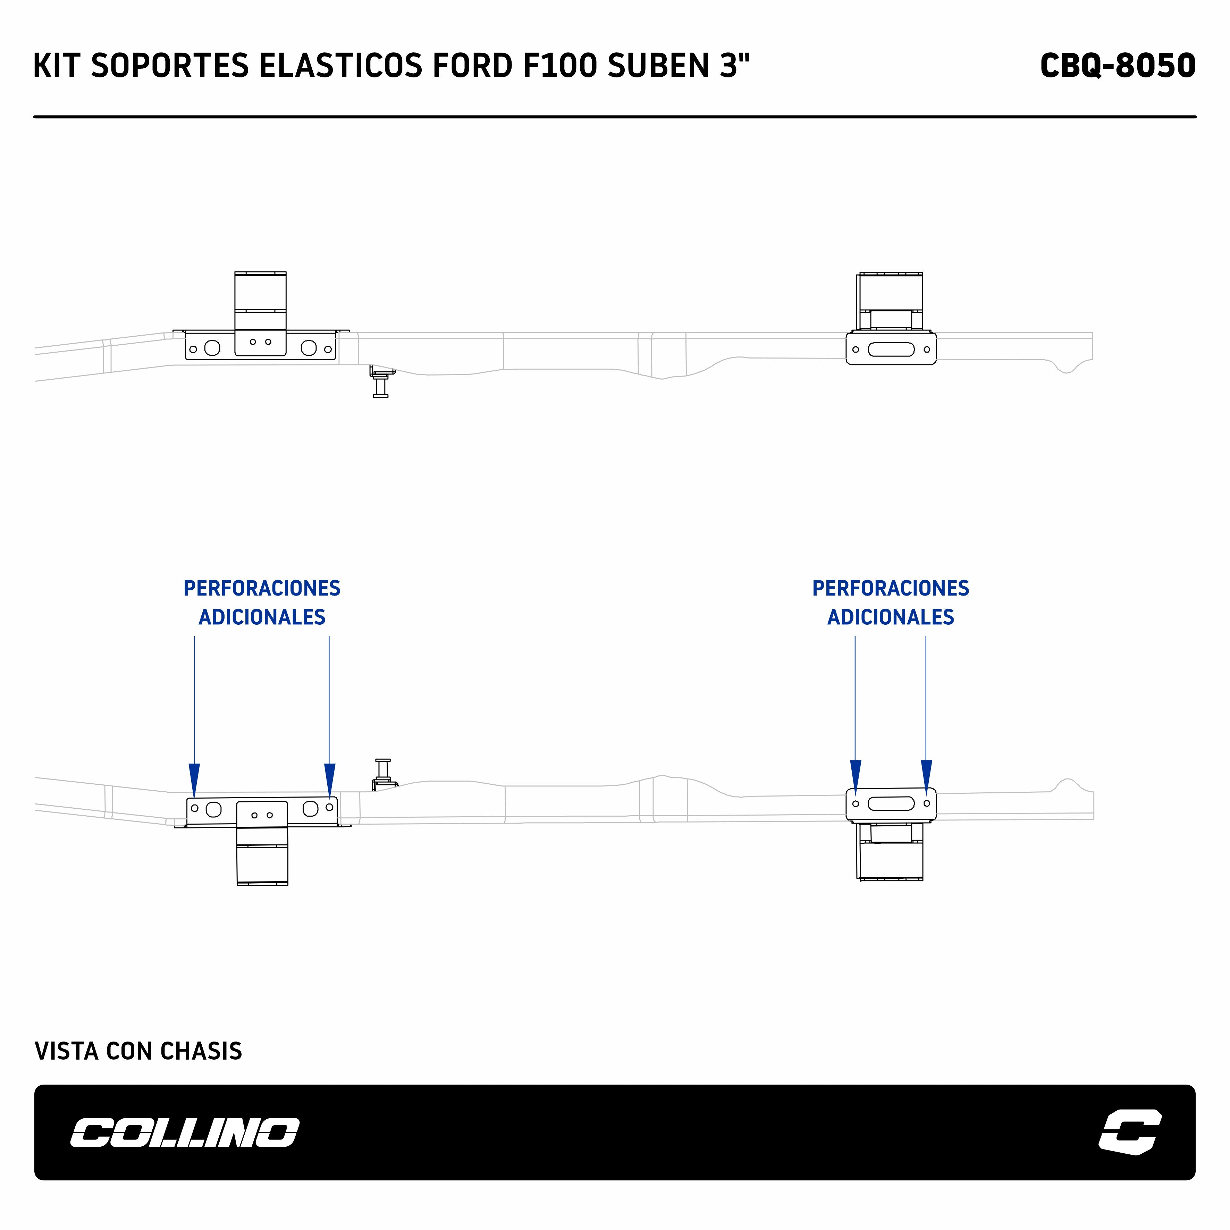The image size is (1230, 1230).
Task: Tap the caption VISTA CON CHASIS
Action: (138, 1051)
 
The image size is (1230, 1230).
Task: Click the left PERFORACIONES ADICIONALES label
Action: (262, 602)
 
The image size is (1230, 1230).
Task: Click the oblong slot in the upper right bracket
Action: (891, 349)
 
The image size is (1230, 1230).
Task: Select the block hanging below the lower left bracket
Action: (262, 856)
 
